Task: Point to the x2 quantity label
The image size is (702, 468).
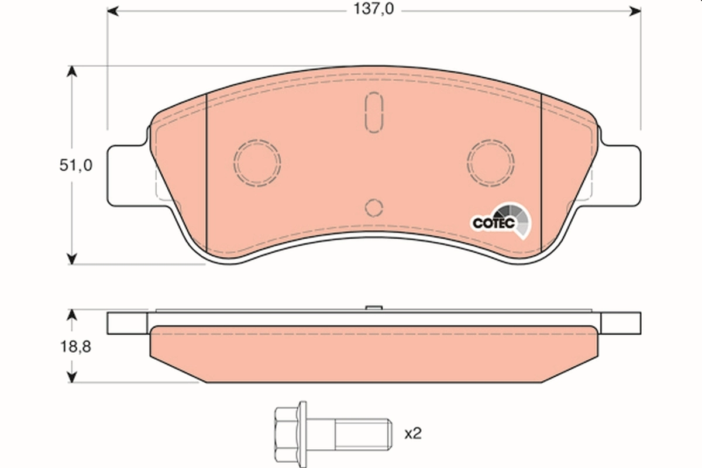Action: (413, 433)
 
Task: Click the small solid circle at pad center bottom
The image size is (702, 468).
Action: (374, 207)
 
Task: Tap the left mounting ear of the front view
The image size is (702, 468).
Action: (126, 174)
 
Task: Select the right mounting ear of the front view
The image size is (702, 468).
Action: (621, 174)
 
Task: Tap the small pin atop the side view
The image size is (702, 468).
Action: (373, 308)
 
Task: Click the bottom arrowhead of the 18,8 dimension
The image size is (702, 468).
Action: (71, 377)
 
